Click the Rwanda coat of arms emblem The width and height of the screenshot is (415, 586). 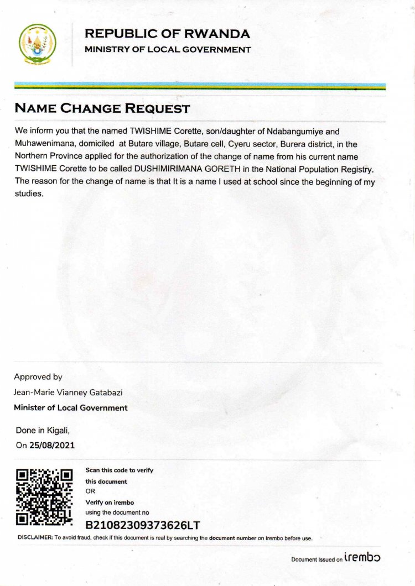(38, 44)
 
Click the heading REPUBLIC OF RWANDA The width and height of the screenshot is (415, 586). (167, 34)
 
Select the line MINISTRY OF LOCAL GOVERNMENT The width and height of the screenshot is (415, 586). (168, 50)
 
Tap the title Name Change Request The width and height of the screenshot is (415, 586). (102, 108)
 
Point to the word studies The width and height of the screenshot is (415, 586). (28, 193)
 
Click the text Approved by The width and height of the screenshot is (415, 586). (38, 377)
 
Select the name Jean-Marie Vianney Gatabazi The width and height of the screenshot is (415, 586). (68, 393)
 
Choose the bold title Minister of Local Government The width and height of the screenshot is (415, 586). (71, 408)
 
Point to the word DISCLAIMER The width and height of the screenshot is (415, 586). (34, 537)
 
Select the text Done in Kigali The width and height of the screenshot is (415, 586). (43, 430)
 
